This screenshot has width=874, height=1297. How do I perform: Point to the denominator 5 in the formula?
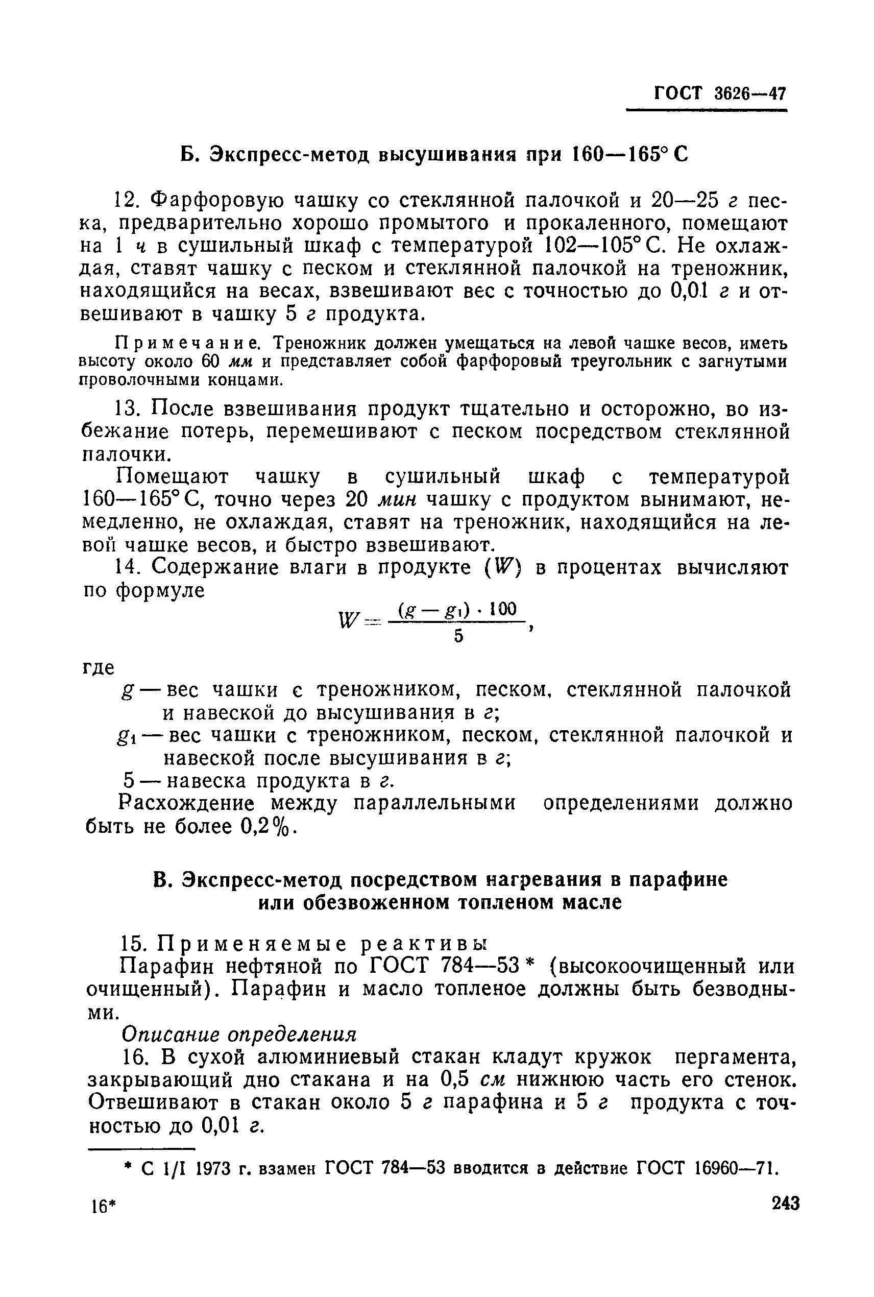[458, 636]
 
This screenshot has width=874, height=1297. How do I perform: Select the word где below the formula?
[99, 667]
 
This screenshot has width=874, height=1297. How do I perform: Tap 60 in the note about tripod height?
[211, 361]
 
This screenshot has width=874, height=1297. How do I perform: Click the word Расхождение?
[187, 803]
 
